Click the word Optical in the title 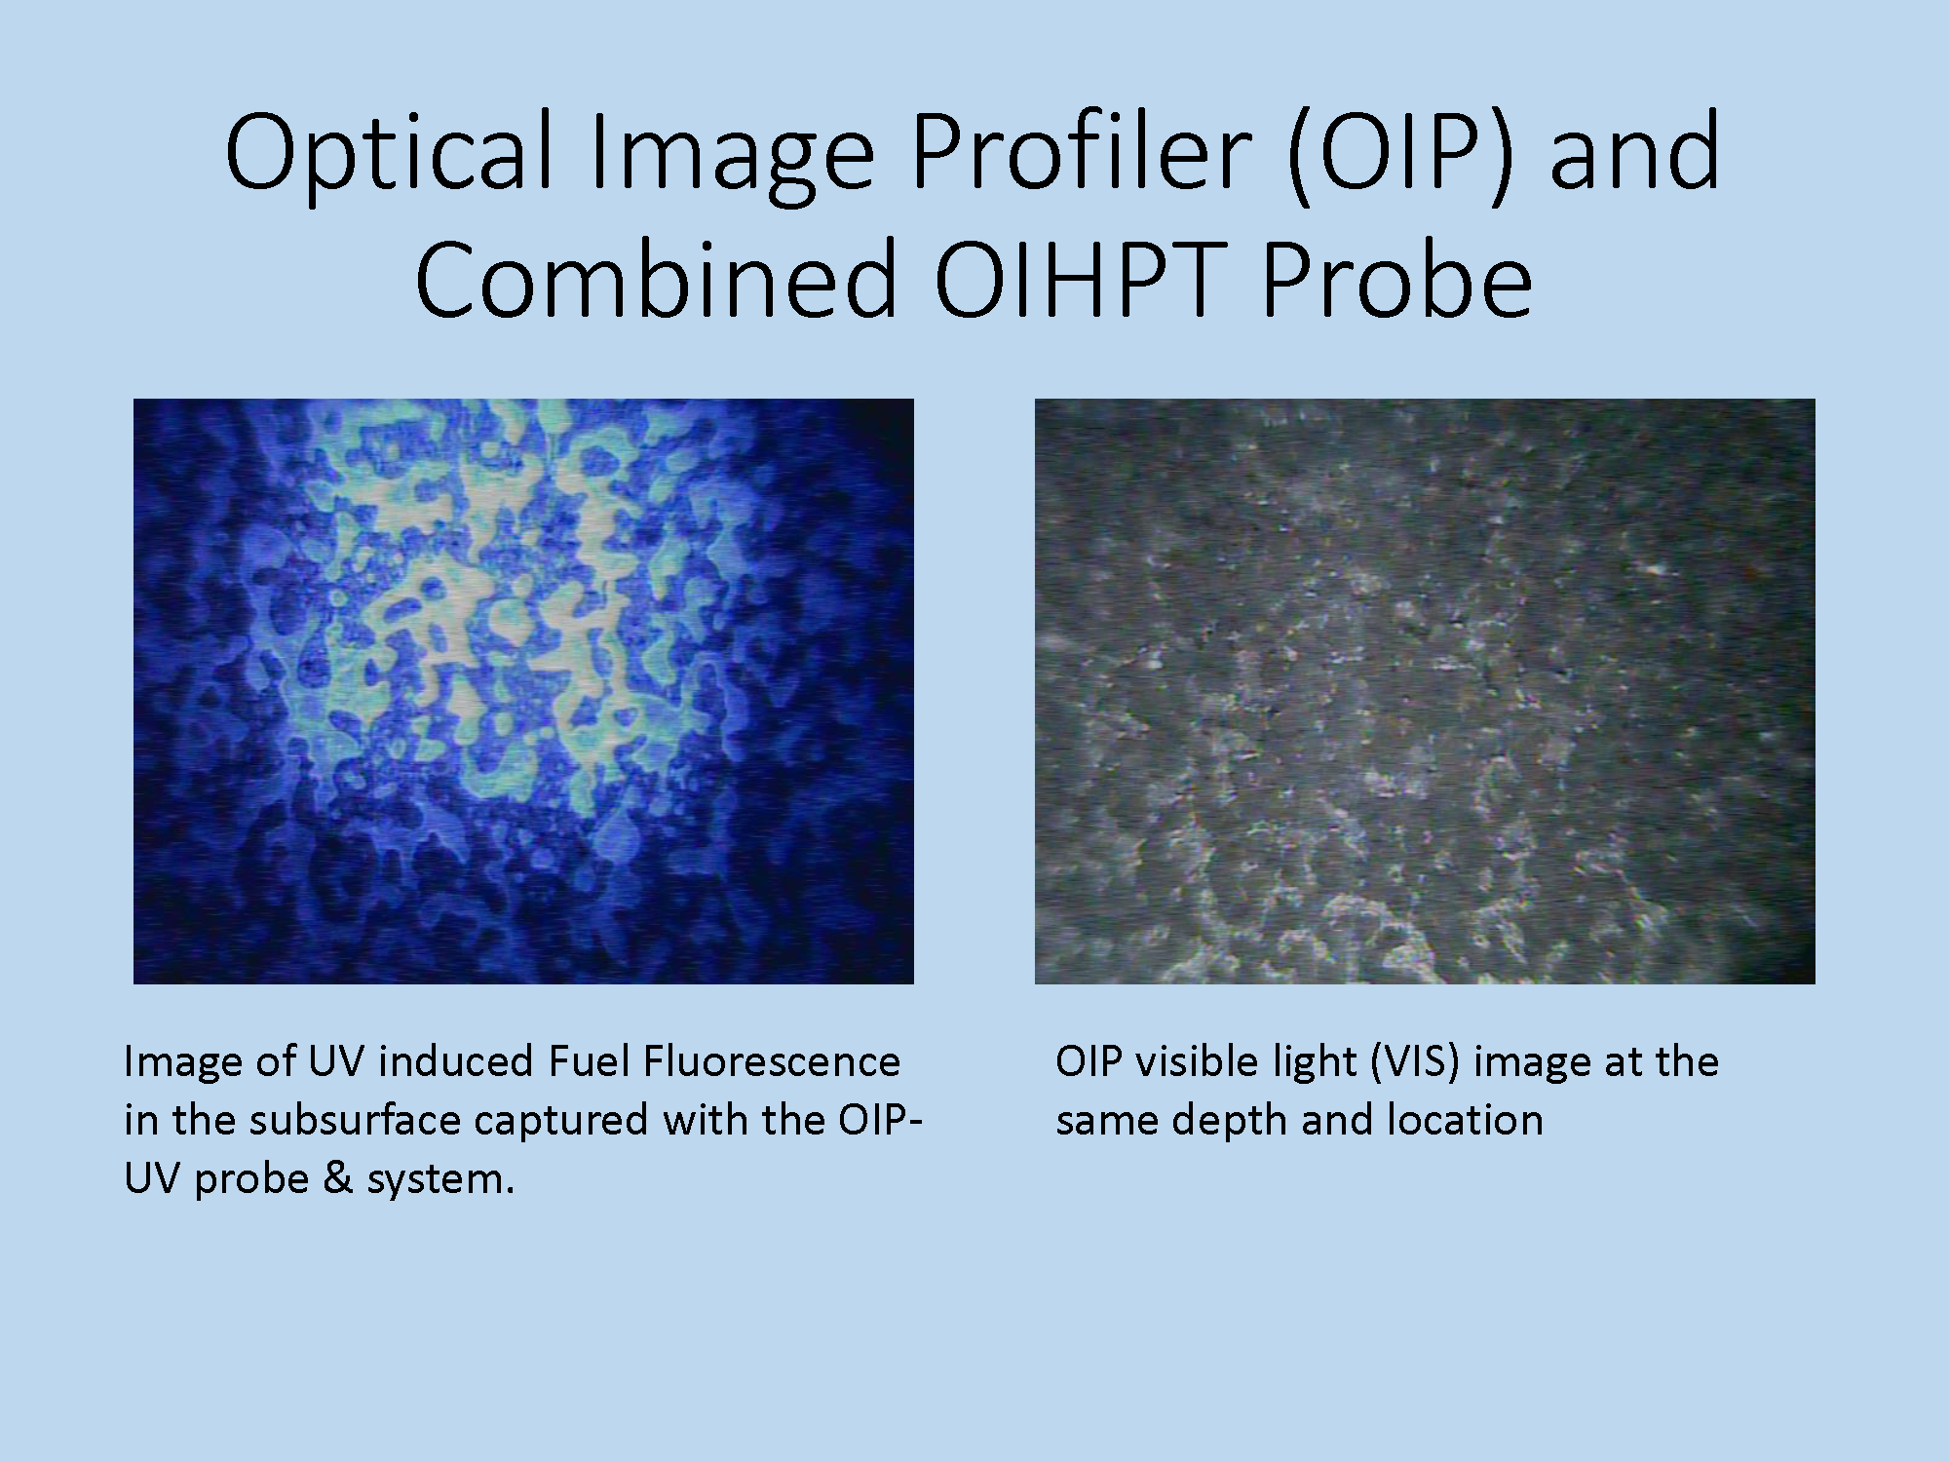(390, 154)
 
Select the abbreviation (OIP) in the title (1399, 154)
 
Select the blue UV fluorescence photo (523, 691)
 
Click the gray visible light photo (1425, 691)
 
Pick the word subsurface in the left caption (354, 1119)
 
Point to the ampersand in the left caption (337, 1178)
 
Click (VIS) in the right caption (1415, 1061)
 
